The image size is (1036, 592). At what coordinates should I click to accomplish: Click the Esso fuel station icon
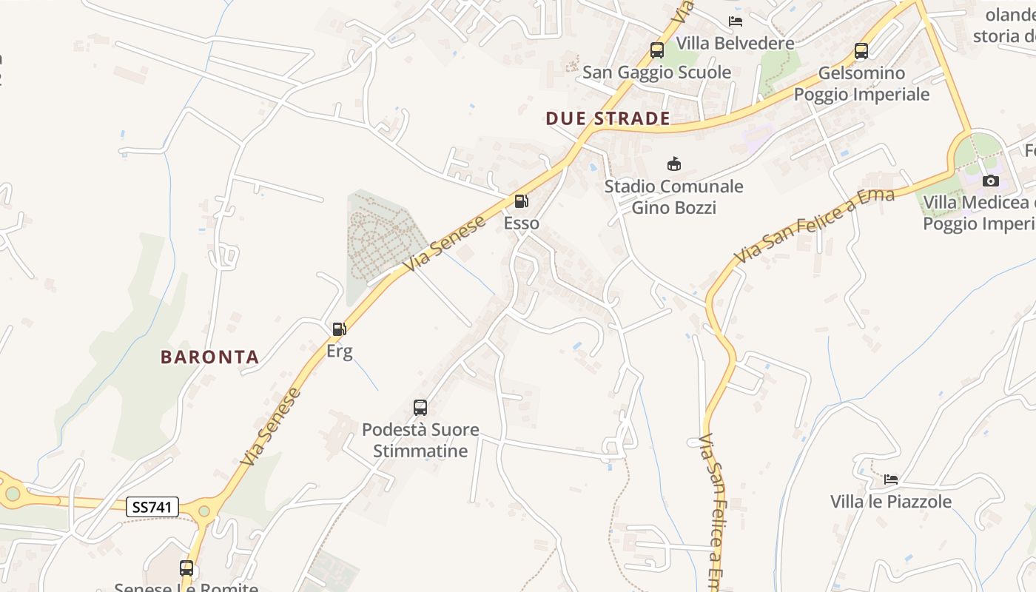tap(521, 201)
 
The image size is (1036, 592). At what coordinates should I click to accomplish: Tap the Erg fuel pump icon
tap(339, 329)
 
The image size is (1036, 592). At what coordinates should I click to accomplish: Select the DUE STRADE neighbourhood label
tap(608, 118)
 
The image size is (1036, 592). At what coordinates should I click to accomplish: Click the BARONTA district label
tap(209, 357)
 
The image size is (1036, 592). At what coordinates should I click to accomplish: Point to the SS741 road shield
tap(153, 507)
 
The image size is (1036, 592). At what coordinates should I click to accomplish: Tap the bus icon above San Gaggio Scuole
tap(656, 50)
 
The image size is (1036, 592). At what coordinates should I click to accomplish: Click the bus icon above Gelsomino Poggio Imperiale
tap(861, 51)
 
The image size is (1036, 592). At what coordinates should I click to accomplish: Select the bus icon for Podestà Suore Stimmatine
tap(420, 407)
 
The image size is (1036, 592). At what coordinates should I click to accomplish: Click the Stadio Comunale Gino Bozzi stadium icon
tap(673, 164)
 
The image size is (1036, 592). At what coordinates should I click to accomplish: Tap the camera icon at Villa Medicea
tap(989, 181)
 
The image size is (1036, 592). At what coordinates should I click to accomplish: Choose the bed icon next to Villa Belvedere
tap(735, 21)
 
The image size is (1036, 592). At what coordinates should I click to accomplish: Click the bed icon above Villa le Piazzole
tap(890, 480)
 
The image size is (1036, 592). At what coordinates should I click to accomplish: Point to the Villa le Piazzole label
tap(890, 502)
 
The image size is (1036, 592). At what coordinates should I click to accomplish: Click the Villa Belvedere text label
tap(735, 43)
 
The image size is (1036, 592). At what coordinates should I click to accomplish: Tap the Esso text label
tap(521, 223)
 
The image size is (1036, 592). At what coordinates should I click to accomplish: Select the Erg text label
tap(339, 351)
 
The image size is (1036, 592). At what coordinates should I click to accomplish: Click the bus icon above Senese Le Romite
tap(186, 568)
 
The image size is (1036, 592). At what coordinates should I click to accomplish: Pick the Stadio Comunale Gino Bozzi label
tap(673, 197)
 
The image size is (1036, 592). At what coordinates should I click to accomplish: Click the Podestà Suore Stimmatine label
tap(420, 440)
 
